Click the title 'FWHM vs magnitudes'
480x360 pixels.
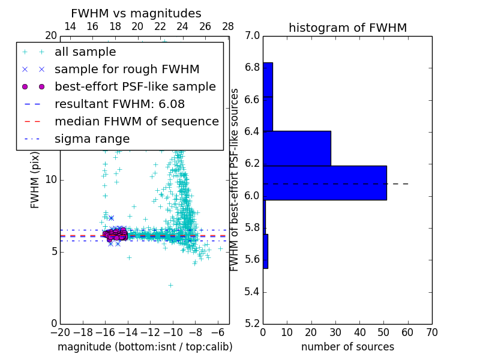point(136,13)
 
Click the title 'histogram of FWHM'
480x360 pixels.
point(347,28)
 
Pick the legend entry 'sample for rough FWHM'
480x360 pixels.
point(127,69)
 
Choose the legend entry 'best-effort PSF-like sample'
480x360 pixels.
point(135,86)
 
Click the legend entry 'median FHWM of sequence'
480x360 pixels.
point(136,121)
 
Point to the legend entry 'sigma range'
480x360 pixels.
point(92,139)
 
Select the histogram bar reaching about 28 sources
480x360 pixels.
point(297,148)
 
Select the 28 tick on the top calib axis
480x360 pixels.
point(228,26)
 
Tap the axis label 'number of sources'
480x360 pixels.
point(347,347)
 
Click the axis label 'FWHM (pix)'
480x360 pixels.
point(35,179)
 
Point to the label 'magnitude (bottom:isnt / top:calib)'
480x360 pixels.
point(145,347)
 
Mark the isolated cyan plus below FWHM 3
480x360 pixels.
point(170,285)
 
